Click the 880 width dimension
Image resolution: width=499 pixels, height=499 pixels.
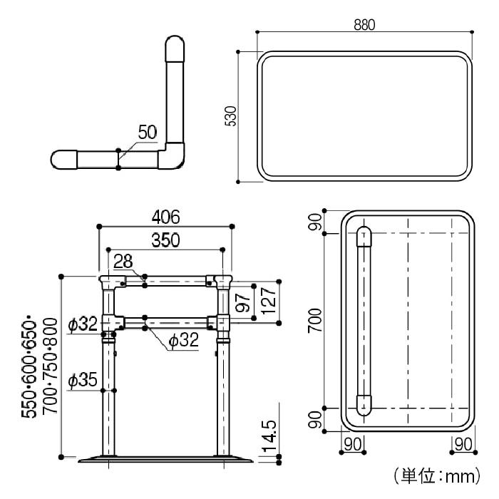tap(364, 25)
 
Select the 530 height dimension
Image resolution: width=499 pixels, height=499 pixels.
tap(231, 116)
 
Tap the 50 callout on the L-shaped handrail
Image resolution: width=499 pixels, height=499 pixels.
tap(148, 132)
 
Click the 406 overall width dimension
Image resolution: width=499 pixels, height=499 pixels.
tap(165, 217)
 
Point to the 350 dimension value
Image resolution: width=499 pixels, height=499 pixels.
tap(165, 240)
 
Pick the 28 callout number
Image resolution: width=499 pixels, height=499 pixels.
tap(123, 262)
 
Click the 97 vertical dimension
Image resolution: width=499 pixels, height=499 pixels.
tap(243, 303)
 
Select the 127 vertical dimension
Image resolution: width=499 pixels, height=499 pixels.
tap(268, 300)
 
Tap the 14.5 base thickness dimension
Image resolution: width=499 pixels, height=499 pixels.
tap(269, 436)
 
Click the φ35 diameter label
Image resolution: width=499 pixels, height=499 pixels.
tap(83, 380)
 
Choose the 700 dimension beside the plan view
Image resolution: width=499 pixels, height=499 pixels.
tap(315, 321)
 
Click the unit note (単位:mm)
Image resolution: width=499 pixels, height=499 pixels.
tap(437, 476)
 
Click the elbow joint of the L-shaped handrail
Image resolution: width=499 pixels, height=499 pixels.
tap(172, 156)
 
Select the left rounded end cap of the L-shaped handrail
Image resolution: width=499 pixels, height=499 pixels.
tap(64, 160)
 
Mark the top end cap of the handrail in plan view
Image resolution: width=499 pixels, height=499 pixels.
tap(364, 237)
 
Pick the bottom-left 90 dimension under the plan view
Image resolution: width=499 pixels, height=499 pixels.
tap(353, 445)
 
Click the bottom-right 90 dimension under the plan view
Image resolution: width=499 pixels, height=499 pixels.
tap(463, 445)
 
